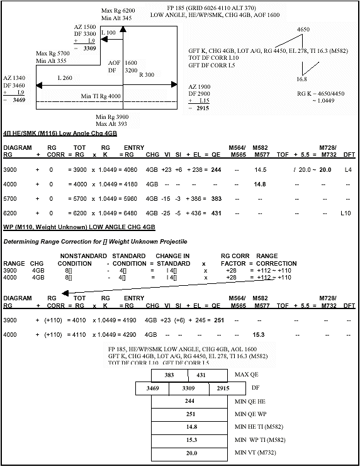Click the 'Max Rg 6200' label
tap(118, 11)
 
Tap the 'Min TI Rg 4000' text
tap(101, 96)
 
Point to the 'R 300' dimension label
tap(146, 75)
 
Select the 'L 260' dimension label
tap(65, 78)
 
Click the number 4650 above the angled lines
tap(303, 30)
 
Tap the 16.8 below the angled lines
tap(303, 80)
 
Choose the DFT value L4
tap(347, 170)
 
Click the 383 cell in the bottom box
tap(169, 375)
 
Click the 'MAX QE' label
tap(245, 375)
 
